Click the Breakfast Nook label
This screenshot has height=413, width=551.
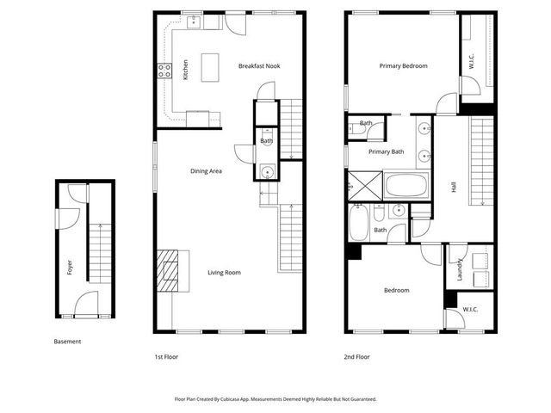click(x=259, y=66)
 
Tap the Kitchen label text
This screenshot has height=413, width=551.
click(x=186, y=71)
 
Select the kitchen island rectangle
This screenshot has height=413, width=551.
click(x=209, y=68)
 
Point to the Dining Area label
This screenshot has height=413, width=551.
click(x=207, y=171)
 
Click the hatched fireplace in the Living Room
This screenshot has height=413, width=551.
click(x=169, y=273)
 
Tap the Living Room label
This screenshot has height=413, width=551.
click(x=224, y=273)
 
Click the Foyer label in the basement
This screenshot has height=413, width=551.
click(x=69, y=268)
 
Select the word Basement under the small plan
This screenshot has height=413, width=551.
click(x=67, y=342)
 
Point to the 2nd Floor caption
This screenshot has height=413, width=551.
click(x=356, y=354)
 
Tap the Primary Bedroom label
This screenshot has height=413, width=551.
click(x=403, y=66)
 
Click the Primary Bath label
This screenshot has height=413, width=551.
click(x=386, y=152)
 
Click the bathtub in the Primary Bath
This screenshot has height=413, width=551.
click(x=406, y=185)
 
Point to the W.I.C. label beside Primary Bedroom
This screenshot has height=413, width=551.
click(x=472, y=63)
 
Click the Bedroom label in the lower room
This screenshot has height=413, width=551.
click(x=396, y=290)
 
